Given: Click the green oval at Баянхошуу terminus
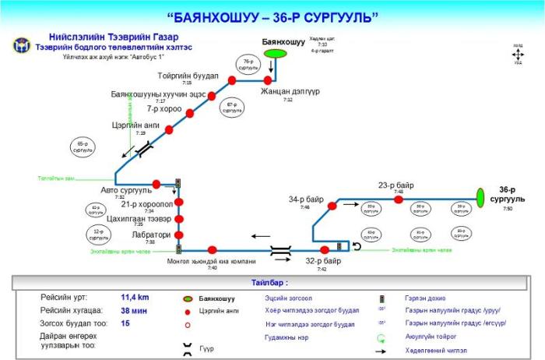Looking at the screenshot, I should tap(274, 53).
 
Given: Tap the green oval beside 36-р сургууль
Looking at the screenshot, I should tap(480, 195).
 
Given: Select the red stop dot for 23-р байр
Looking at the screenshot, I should tap(398, 199).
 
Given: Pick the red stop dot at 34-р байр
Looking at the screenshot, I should tap(332, 206).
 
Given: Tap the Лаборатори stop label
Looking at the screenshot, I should tap(151, 235).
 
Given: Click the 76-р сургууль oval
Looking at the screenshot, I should tap(247, 64).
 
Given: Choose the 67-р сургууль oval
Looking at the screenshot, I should tap(231, 108).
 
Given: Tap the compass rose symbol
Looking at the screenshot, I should tap(518, 55).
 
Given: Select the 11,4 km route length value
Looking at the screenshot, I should tap(135, 297).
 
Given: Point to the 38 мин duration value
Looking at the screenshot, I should tap(134, 310).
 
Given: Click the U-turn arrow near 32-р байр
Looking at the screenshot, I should tap(357, 246).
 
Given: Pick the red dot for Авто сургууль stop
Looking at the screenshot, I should tap(156, 184).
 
